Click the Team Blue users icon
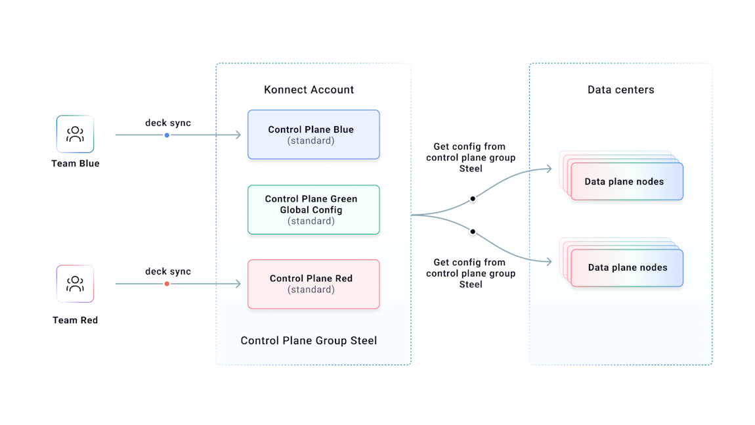[75, 134]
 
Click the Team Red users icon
[75, 284]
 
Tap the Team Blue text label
[75, 164]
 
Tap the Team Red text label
[75, 321]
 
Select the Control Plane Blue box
[313, 135]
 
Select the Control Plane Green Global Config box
[313, 210]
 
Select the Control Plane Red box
[313, 284]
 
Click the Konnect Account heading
[309, 90]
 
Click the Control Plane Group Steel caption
[309, 340]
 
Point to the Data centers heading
[620, 90]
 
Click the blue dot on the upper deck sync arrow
[167, 135]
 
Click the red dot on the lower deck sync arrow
[167, 284]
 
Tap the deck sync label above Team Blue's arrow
[168, 123]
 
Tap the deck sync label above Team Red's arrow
[168, 271]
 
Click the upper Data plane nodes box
[626, 181]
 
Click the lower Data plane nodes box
[627, 267]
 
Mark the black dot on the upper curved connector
[472, 198]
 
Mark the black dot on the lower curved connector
[472, 232]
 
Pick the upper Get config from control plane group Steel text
[470, 158]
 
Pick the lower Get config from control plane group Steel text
[470, 273]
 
